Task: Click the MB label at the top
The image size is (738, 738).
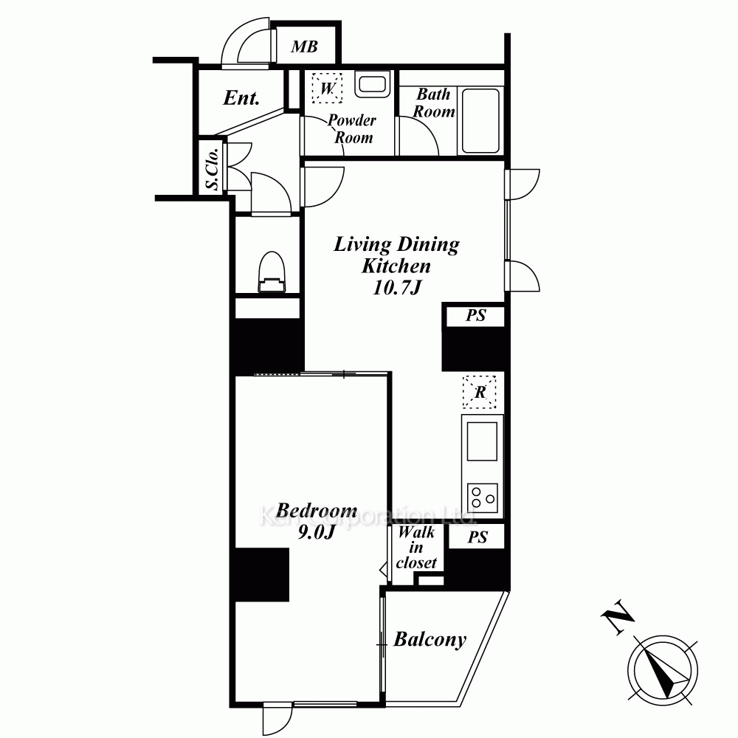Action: point(305,46)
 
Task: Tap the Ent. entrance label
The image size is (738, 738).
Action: point(241,98)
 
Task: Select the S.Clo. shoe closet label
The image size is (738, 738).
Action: point(213,169)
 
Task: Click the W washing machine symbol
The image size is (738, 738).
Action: point(327,88)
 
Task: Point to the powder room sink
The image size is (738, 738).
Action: point(372,85)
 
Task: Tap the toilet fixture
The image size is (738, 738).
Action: point(272,272)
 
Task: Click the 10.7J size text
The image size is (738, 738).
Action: point(396,287)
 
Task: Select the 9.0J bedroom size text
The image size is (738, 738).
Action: point(317,532)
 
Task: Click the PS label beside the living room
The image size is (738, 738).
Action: point(476,315)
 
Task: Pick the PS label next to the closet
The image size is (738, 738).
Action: point(477,537)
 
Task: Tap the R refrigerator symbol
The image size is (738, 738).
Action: point(480,392)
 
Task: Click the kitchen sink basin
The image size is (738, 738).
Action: point(482,441)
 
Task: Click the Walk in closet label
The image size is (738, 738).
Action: point(416,548)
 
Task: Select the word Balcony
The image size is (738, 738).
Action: point(430,639)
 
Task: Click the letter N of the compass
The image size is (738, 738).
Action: point(618,617)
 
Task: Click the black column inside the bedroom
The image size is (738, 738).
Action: point(262,575)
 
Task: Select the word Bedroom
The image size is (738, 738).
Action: point(317,511)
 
